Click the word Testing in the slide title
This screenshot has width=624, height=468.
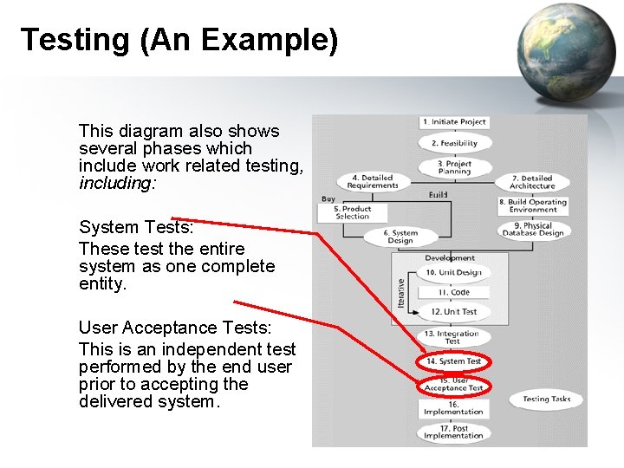pyautogui.click(x=74, y=40)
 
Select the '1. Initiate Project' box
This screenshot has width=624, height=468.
pyautogui.click(x=454, y=122)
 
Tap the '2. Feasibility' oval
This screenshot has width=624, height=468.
pyautogui.click(x=454, y=143)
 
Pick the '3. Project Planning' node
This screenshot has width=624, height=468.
pyautogui.click(x=454, y=167)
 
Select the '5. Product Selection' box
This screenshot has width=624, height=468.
pyautogui.click(x=352, y=212)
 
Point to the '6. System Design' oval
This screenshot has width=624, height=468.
pyautogui.click(x=400, y=237)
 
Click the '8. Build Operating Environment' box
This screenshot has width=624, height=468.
pyautogui.click(x=532, y=205)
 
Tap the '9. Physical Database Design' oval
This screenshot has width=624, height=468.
pyautogui.click(x=532, y=229)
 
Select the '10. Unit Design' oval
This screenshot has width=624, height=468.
pyautogui.click(x=454, y=272)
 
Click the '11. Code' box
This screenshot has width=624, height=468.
pyautogui.click(x=454, y=293)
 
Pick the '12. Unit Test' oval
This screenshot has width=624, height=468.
pyautogui.click(x=454, y=312)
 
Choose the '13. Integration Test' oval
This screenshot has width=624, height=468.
pyautogui.click(x=452, y=337)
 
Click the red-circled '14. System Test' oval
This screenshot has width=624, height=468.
pyautogui.click(x=454, y=361)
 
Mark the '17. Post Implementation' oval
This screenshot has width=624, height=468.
pyautogui.click(x=454, y=432)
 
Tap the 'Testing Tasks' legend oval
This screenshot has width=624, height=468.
pyautogui.click(x=547, y=400)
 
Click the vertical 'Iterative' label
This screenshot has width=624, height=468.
pyautogui.click(x=400, y=291)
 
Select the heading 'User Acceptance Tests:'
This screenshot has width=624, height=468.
pyautogui.click(x=175, y=328)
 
